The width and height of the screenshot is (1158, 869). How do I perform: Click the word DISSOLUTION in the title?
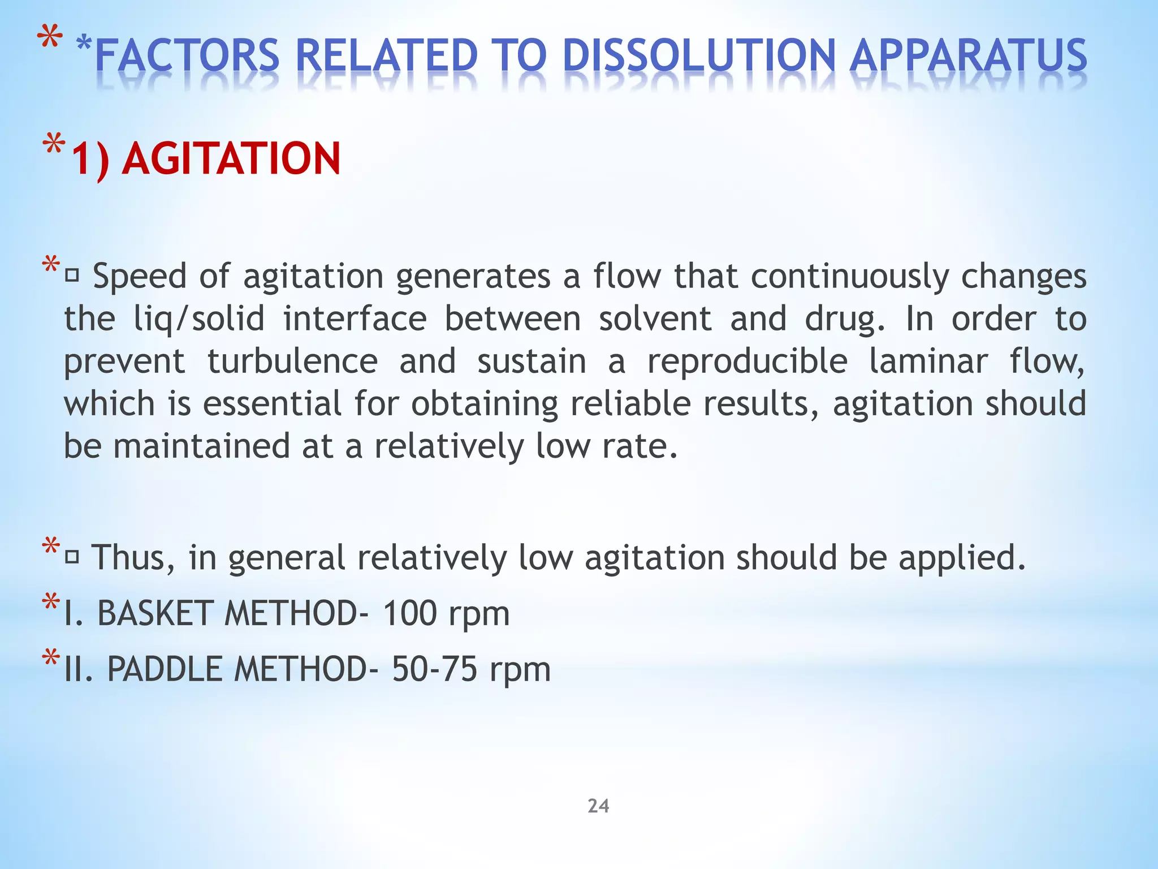point(699,57)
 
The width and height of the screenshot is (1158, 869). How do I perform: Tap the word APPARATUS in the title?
point(967,57)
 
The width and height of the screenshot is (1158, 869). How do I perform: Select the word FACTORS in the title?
point(187,57)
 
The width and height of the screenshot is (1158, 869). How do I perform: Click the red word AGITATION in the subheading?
point(231,159)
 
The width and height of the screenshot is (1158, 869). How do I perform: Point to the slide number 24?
point(598,806)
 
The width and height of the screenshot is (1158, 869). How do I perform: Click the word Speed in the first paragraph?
point(140,277)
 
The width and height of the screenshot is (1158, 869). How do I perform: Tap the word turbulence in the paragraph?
point(293,362)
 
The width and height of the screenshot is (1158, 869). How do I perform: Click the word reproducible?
point(747,362)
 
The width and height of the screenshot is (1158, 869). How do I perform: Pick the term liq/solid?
point(199,320)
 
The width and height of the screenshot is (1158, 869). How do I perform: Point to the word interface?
point(355,319)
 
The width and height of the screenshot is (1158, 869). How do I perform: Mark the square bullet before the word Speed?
point(72,277)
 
